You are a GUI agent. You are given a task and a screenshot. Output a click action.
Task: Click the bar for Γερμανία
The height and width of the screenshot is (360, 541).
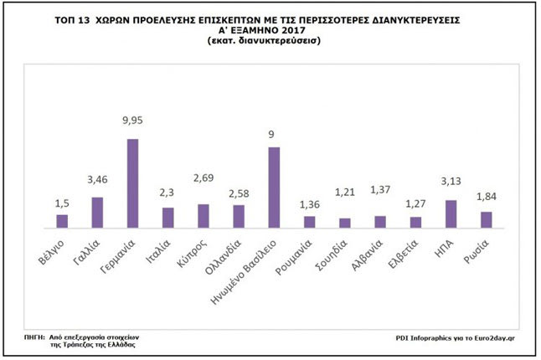pos(132,183)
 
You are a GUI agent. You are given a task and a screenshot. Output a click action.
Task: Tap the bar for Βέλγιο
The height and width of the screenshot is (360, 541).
pos(61,221)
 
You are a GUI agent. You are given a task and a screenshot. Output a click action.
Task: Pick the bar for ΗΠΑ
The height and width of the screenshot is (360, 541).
pos(451,214)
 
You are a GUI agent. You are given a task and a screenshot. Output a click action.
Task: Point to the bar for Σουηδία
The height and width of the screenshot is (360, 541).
pos(345,223)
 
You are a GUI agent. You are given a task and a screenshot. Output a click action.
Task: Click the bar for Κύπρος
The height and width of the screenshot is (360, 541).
pos(204,216)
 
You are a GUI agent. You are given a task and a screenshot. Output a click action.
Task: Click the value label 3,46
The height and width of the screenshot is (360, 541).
pos(97,179)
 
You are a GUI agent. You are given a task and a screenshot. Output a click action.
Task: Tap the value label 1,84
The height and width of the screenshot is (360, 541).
pos(486,197)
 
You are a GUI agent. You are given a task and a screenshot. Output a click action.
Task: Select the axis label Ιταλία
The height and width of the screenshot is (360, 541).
pos(162,249)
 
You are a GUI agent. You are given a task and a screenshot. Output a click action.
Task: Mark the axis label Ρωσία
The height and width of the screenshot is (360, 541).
pos(480,249)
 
